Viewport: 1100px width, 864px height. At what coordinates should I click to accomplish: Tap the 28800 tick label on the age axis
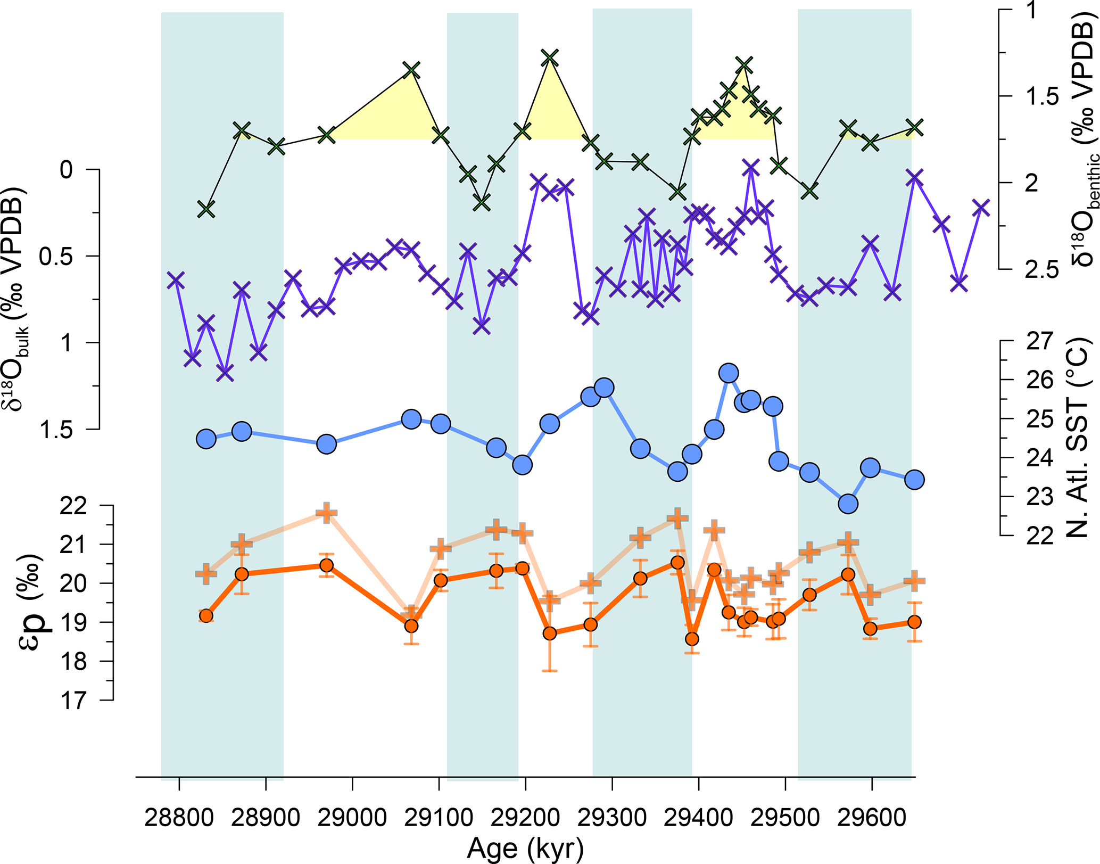click(179, 817)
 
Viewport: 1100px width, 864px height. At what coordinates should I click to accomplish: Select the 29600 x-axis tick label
click(871, 817)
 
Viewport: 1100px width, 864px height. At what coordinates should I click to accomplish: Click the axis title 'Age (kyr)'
click(525, 849)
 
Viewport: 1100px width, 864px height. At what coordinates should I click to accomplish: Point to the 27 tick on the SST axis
click(1039, 341)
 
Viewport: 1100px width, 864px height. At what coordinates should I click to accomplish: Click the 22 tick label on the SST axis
click(1039, 535)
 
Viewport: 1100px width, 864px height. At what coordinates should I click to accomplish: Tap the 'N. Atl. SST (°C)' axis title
click(1078, 438)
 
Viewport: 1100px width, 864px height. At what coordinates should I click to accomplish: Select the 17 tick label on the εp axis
click(73, 700)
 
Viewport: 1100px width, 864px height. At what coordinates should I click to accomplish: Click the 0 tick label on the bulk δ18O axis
click(66, 170)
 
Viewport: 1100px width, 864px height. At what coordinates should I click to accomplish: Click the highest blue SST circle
click(729, 373)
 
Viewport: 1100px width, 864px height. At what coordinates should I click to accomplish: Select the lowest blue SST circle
click(848, 504)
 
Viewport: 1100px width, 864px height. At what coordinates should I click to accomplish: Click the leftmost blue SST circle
click(206, 439)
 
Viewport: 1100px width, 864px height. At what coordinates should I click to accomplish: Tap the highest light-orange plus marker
click(326, 513)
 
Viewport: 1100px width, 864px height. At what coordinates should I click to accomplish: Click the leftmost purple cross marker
click(176, 279)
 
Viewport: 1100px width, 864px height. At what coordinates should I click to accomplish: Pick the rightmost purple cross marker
click(981, 208)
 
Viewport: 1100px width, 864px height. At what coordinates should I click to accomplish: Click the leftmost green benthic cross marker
click(206, 209)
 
